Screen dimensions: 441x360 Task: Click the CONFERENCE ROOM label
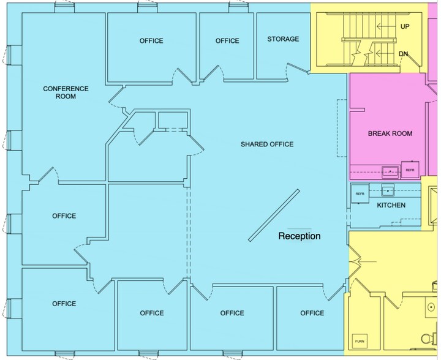(66, 92)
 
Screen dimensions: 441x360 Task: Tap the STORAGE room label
(283, 39)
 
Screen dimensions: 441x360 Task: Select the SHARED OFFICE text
(267, 144)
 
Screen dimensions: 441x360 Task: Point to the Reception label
(300, 236)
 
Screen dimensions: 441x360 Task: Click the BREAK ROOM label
(390, 133)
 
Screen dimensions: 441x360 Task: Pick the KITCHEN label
(391, 205)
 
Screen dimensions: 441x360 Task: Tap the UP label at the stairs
(405, 26)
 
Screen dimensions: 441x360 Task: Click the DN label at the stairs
(403, 53)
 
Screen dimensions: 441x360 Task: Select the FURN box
(360, 342)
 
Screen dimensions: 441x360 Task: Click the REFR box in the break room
(410, 170)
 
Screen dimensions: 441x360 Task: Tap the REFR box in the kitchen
(360, 193)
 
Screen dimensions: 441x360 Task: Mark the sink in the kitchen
(388, 190)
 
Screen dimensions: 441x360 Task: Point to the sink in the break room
(390, 171)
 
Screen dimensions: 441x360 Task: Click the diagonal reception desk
(274, 216)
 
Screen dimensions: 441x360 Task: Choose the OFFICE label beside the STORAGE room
(227, 41)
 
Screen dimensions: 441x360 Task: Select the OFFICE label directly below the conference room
(64, 216)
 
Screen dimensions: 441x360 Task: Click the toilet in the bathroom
(429, 339)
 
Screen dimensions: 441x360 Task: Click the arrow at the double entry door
(366, 262)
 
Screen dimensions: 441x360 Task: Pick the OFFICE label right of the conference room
(151, 41)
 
